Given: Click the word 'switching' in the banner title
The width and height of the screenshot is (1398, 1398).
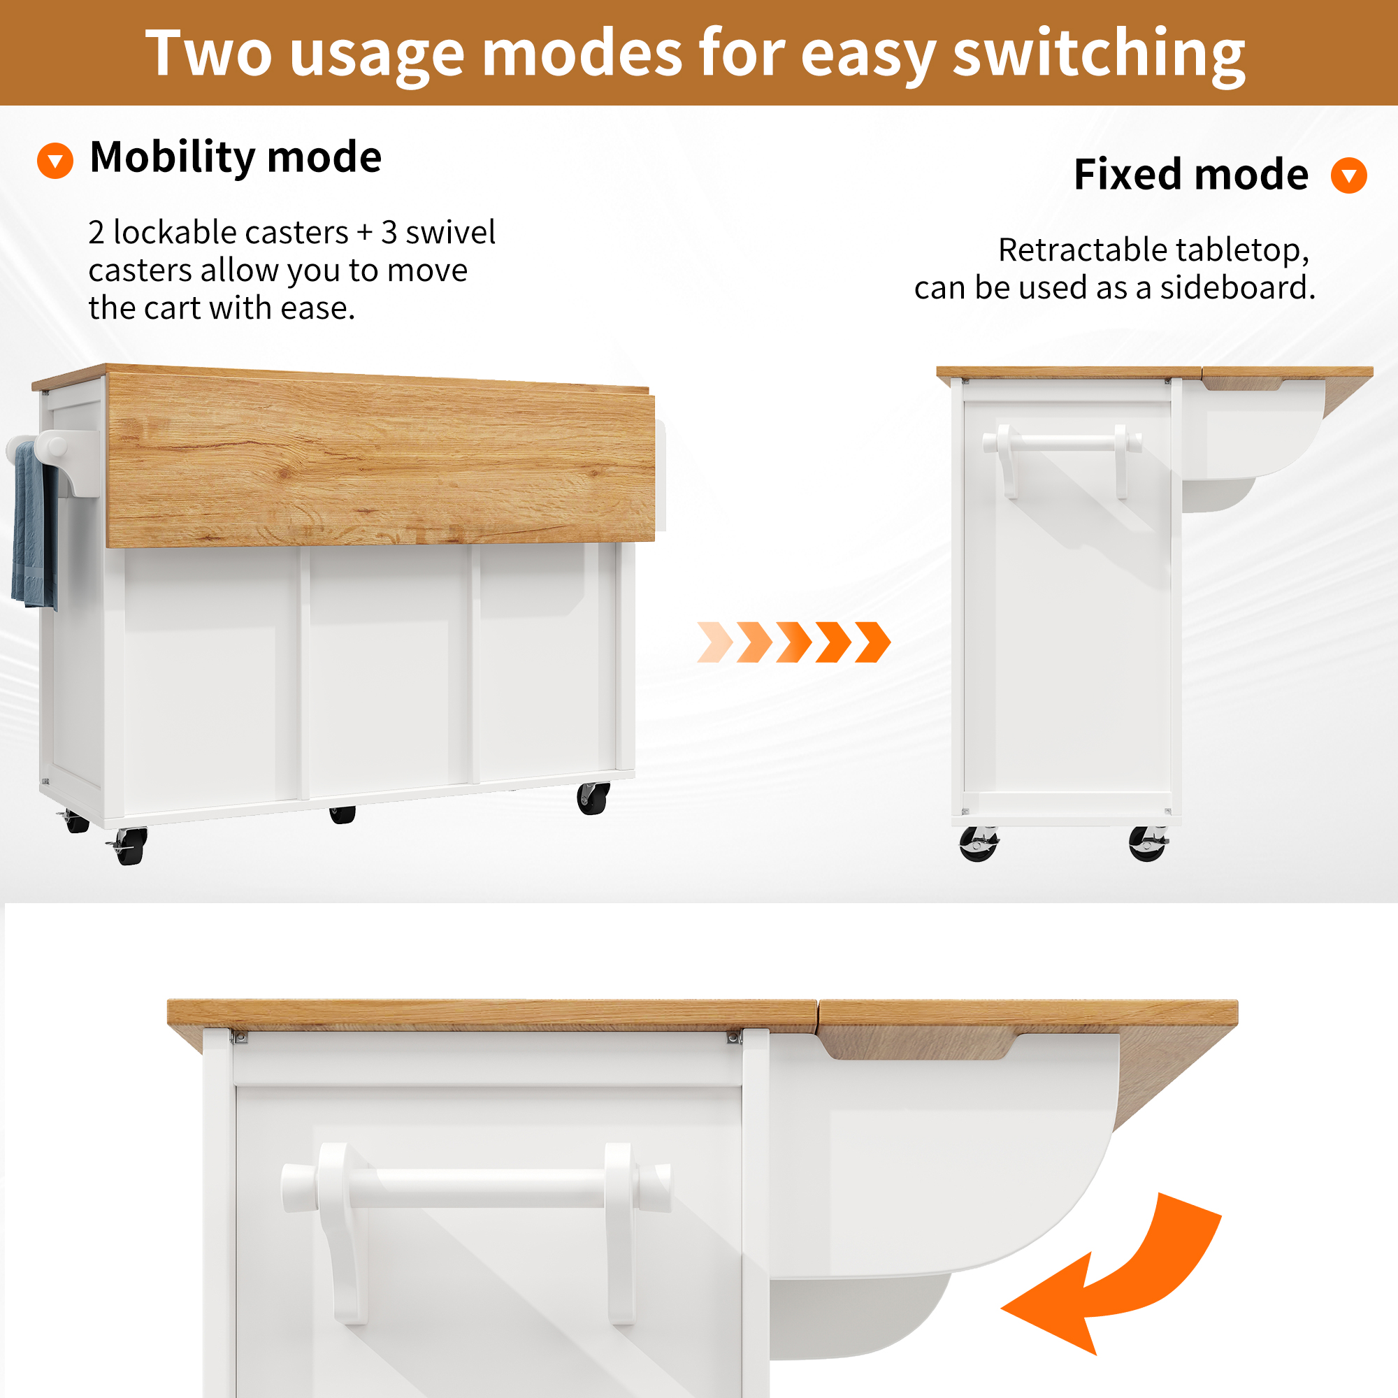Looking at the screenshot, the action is click(x=1098, y=55).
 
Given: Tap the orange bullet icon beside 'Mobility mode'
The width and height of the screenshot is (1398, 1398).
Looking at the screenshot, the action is click(x=55, y=160).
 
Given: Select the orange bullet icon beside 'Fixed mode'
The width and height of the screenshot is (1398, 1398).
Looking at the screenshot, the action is click(x=1349, y=175).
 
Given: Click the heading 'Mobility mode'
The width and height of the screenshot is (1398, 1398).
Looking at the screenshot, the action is click(x=235, y=158).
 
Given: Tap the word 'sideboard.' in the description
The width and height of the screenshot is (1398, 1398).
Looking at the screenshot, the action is click(x=1237, y=288).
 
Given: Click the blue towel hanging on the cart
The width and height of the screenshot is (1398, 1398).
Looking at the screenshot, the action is click(x=34, y=526).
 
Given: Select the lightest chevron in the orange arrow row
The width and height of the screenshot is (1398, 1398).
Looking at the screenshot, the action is click(x=715, y=642).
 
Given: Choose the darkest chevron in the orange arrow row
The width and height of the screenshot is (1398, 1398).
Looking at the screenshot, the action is click(x=872, y=642).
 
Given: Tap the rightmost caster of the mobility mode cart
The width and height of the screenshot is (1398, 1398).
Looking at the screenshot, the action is click(x=593, y=798).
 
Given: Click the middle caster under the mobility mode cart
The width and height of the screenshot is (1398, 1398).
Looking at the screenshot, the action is click(x=343, y=815).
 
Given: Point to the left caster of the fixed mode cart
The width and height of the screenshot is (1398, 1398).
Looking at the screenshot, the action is click(x=979, y=844).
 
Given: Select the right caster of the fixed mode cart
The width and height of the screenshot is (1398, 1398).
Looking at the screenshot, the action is click(x=1148, y=844).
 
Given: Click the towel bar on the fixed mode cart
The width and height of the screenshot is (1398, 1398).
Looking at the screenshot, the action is click(x=1062, y=443).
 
